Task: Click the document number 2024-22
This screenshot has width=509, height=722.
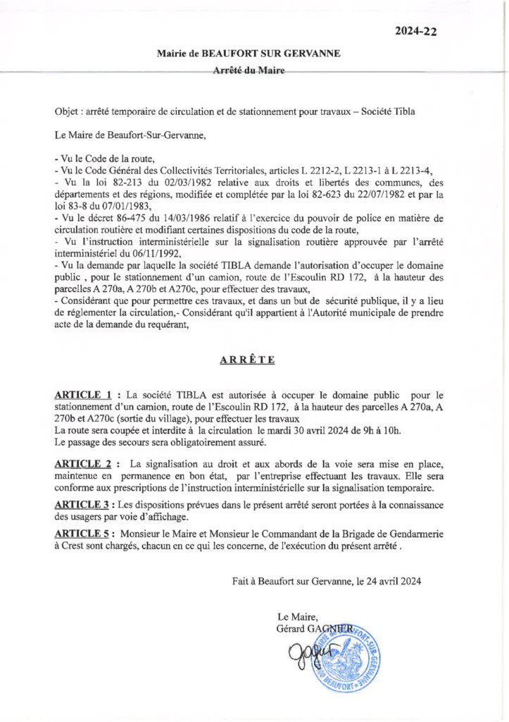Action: tap(420, 31)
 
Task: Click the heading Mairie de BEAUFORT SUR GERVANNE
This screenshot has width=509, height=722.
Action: tap(249, 54)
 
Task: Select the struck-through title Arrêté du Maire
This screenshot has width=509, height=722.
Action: tap(249, 71)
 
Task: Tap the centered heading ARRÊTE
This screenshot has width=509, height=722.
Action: tap(247, 360)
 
